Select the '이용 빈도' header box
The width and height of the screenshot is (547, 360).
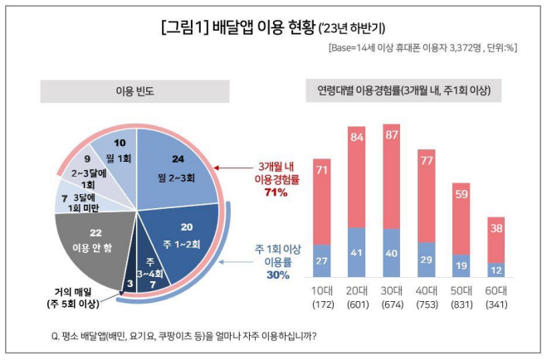point(136,89)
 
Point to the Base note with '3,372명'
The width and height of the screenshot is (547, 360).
point(422,48)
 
